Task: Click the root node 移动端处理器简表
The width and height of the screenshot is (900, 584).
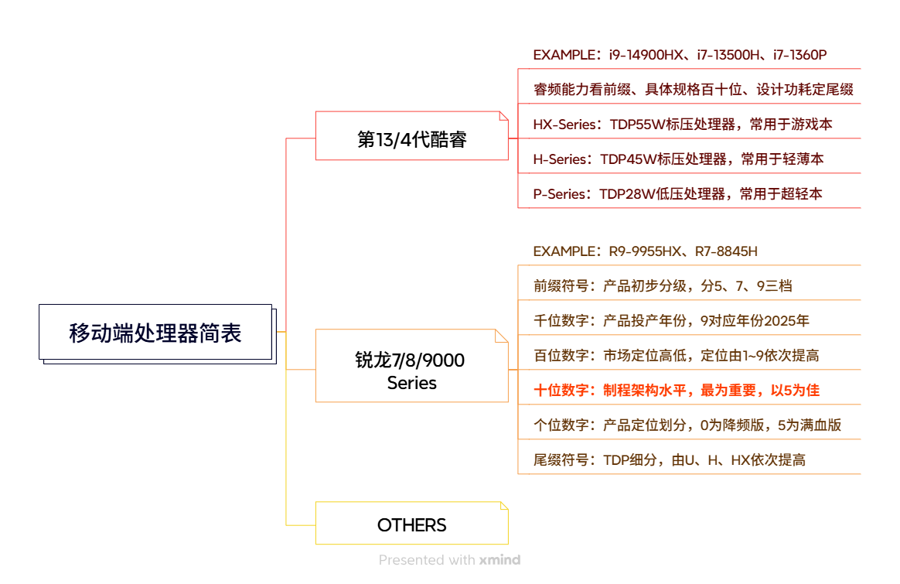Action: (x=155, y=333)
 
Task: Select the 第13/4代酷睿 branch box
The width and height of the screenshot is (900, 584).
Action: (x=411, y=139)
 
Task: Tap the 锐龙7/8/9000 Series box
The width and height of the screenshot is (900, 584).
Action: (x=411, y=371)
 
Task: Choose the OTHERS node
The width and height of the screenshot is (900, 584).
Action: (x=411, y=524)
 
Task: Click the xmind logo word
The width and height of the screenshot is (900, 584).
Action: (x=499, y=560)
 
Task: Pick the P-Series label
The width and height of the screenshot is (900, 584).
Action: (x=560, y=194)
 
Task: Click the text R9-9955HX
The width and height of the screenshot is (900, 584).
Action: (x=646, y=251)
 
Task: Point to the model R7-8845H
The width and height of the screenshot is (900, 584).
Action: (x=726, y=251)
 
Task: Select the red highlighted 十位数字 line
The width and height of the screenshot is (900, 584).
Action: (x=677, y=390)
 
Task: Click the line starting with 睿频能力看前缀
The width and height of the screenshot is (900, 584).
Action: (x=693, y=90)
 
